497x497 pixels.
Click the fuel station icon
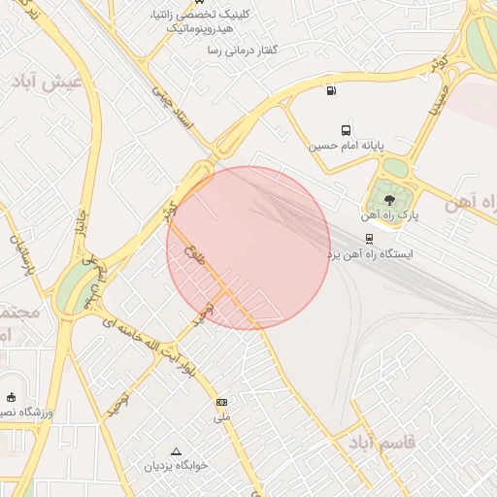333,91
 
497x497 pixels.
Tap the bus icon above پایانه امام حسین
346,130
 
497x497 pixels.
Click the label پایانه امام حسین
347,147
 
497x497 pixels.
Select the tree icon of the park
389,200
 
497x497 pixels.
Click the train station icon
369,237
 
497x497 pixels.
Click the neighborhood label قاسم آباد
380,443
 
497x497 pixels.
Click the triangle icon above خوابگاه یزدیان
176,451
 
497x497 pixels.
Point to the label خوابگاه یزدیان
177,467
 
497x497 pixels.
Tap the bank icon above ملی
222,402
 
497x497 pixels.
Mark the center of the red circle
248,248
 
